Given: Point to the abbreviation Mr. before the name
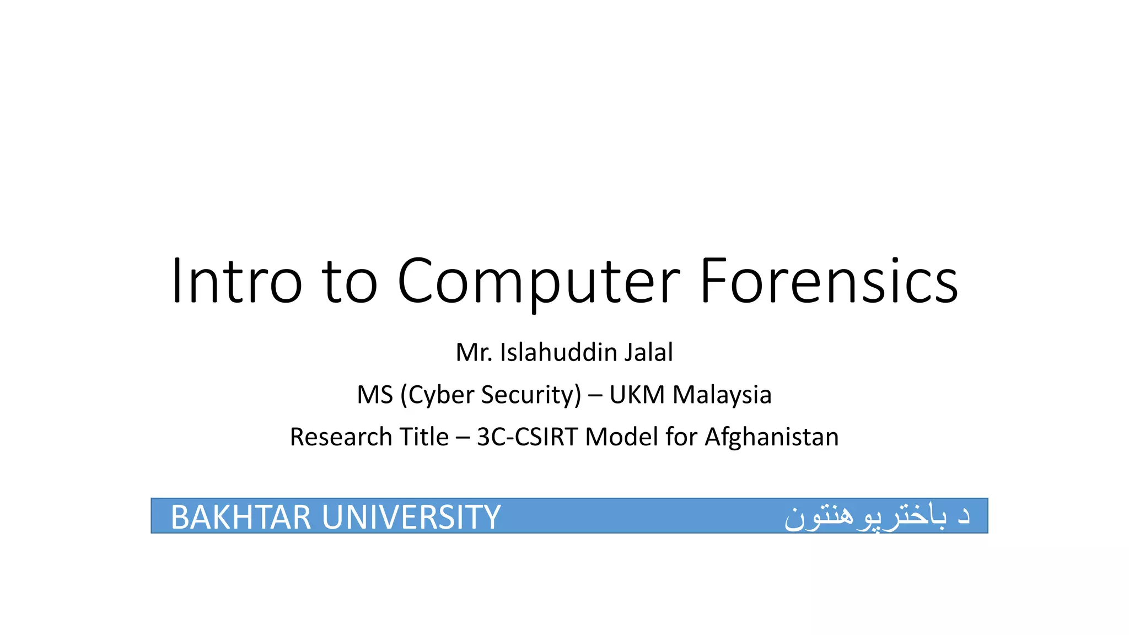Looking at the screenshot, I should (x=474, y=353).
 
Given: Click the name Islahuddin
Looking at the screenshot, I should (x=558, y=353).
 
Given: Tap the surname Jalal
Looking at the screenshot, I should (x=649, y=353).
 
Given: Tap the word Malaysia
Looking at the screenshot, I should (x=722, y=395).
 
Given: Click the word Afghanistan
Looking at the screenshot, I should (x=772, y=437).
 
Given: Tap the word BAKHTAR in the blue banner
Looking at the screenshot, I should (x=241, y=517).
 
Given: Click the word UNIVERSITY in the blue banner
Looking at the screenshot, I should (x=411, y=517).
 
